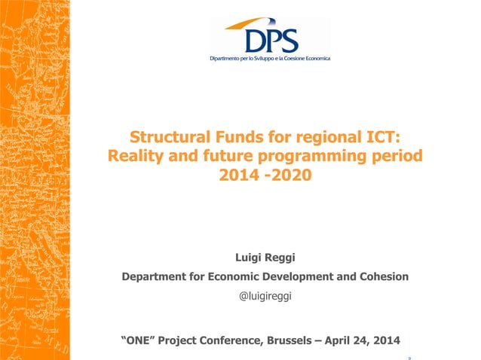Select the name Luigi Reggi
tap(265, 258)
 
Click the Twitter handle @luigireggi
tap(265, 296)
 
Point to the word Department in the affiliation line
tap(156, 276)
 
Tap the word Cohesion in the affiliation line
tap(381, 276)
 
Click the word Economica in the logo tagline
tap(314, 58)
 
